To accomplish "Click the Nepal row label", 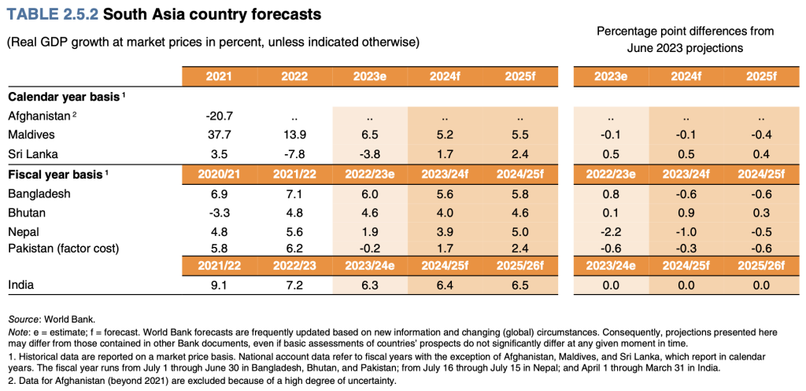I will tap(24, 231).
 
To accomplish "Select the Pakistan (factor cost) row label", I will tap(63, 249).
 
